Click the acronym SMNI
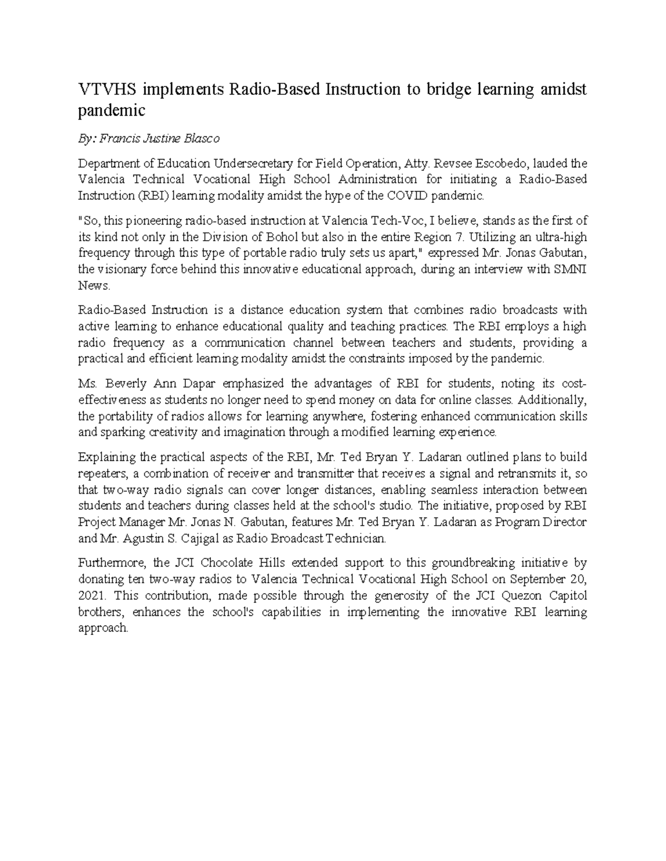(569, 270)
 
